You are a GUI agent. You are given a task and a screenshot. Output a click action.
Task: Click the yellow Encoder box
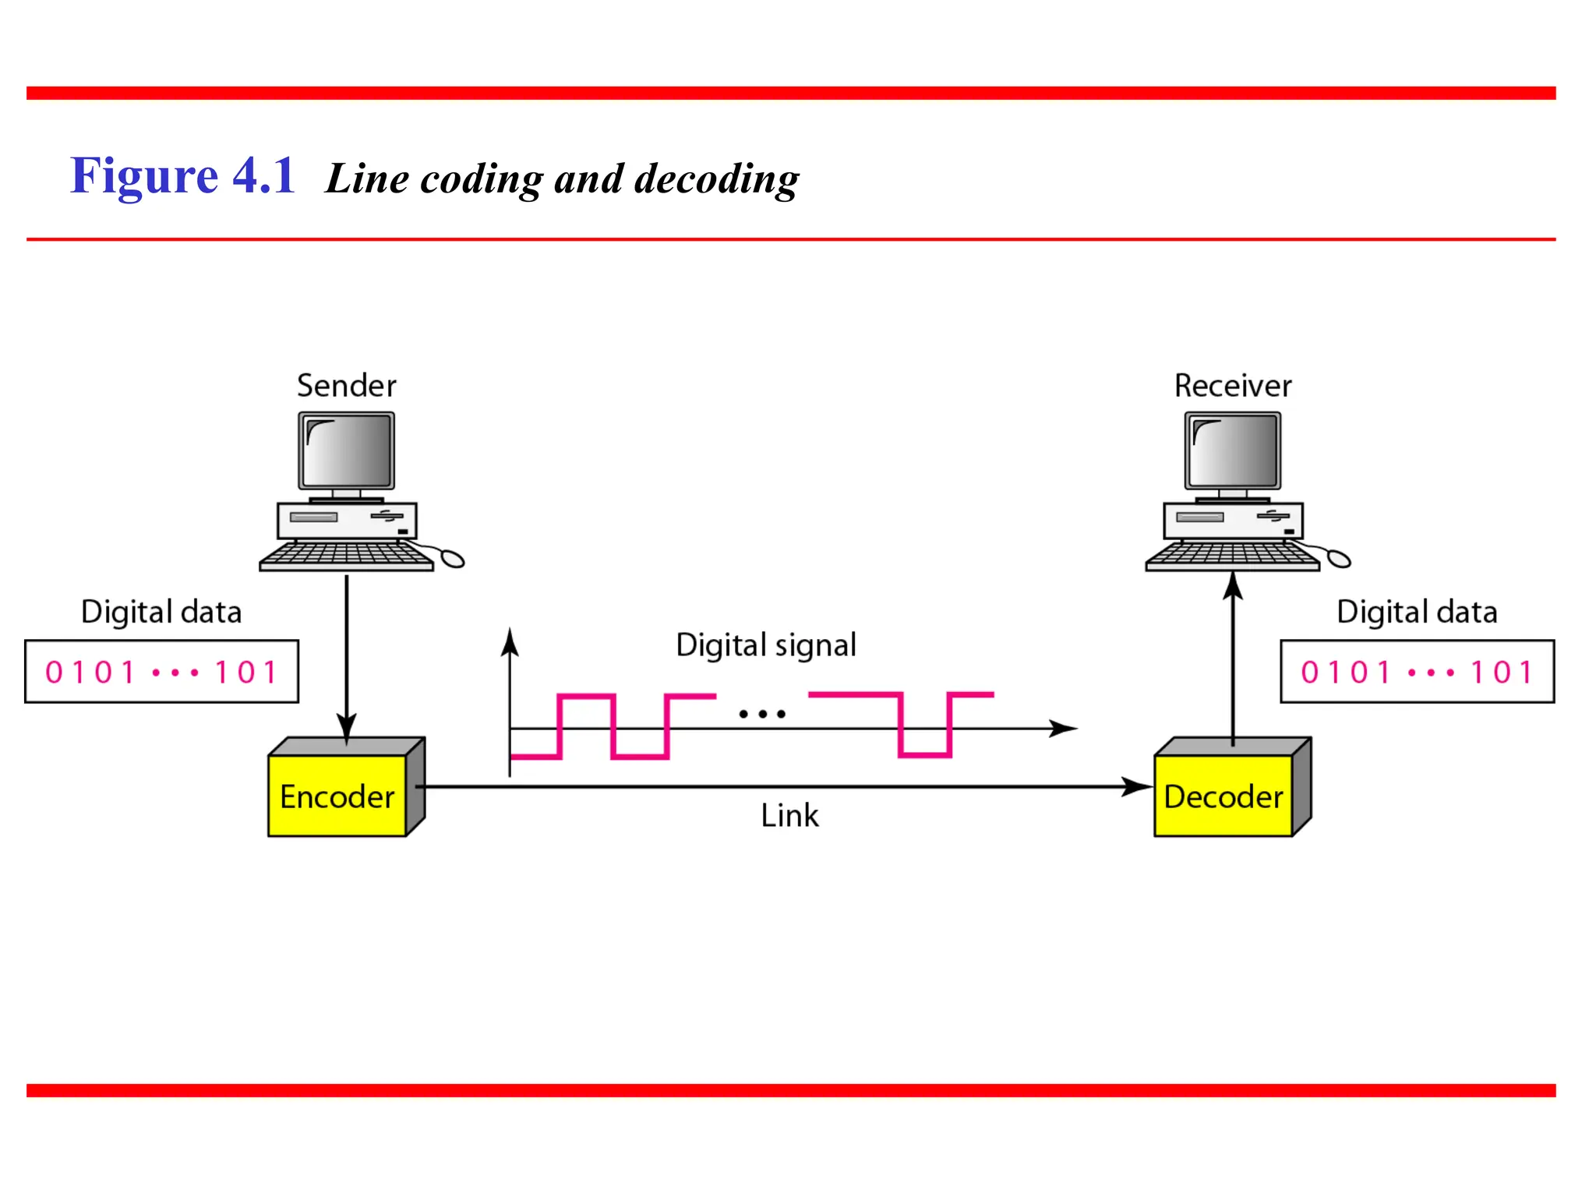(x=337, y=796)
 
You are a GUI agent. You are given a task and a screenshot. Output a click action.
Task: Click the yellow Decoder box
(x=1223, y=796)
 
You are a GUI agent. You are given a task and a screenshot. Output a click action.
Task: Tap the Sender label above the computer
(x=347, y=386)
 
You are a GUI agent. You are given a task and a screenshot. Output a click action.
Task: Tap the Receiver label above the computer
(x=1233, y=386)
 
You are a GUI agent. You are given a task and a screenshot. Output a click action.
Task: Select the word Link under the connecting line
(x=789, y=816)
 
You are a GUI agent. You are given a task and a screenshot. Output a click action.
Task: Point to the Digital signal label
(x=766, y=645)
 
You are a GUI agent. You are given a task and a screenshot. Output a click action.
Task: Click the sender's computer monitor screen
(x=347, y=451)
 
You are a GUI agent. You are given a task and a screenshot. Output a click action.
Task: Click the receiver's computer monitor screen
(x=1233, y=451)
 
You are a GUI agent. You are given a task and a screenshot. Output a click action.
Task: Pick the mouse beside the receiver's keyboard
(x=1338, y=558)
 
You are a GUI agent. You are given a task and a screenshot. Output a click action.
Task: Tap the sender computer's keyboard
(x=346, y=555)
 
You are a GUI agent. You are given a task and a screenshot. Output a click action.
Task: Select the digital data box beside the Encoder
(x=161, y=672)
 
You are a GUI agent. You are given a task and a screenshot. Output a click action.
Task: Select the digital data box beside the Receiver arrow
(x=1417, y=672)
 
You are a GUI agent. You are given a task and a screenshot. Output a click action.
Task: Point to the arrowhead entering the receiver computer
(x=1233, y=586)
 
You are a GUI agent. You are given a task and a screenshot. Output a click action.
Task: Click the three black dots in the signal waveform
(x=762, y=714)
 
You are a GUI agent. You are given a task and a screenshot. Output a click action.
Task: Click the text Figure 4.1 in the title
(x=182, y=176)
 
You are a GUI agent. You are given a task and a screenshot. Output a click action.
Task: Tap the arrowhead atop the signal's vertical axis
(x=510, y=642)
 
